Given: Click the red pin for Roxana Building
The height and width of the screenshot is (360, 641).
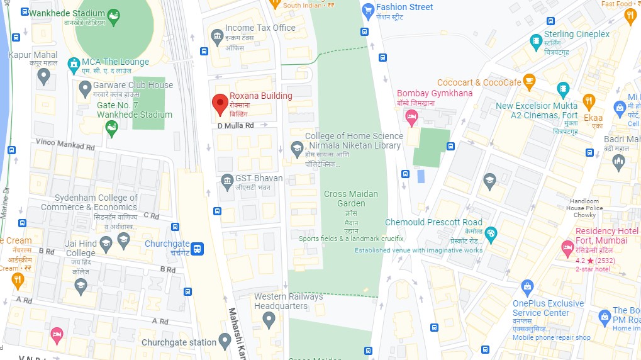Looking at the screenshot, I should click(x=219, y=103).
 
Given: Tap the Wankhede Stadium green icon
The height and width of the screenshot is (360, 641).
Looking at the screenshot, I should click(x=113, y=16).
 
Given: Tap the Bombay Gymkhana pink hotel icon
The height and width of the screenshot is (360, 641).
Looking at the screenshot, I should click(x=411, y=116).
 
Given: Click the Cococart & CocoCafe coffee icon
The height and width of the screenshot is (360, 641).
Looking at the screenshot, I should click(x=529, y=81).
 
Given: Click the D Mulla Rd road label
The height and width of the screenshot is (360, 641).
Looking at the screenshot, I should click(x=235, y=125).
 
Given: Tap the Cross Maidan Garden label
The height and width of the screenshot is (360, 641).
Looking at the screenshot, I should click(x=351, y=198).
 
